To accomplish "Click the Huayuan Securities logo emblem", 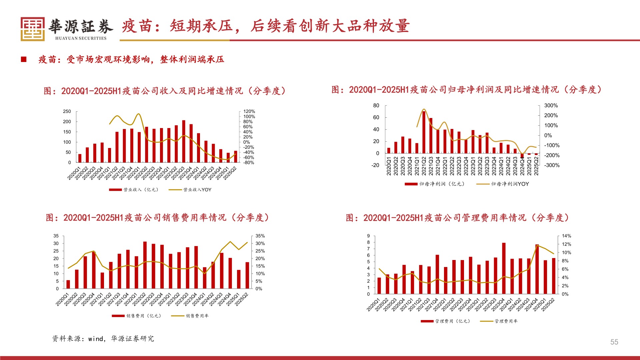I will tap(33, 29).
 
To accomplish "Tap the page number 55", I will tap(614, 342).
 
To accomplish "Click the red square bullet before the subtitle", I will tap(24, 59).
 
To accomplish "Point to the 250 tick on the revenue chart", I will tap(67, 111).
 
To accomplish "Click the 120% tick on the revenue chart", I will tap(249, 111).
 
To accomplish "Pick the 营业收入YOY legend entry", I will tap(190, 190).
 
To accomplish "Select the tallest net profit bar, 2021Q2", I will tap(424, 132).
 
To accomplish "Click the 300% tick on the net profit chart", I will tap(551, 105).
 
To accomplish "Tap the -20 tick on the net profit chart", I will tap(375, 165).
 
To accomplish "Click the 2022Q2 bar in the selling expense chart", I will tap(145, 265).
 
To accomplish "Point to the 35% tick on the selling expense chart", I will tap(260, 236).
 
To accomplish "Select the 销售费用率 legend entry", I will tap(190, 316).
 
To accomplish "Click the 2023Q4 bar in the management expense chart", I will tap(504, 268).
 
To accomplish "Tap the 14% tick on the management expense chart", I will tap(566, 236).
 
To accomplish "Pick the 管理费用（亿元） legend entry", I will tap(445, 321).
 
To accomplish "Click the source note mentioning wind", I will tap(103, 339).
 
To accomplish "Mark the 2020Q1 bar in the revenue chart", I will tap(80, 158).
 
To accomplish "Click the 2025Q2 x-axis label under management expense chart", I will tap(548, 305).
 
